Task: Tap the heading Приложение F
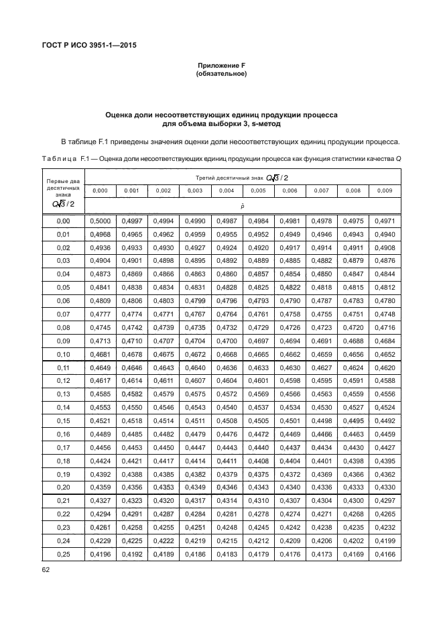pyautogui.click(x=221, y=66)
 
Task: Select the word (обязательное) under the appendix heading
pyautogui.click(x=221, y=74)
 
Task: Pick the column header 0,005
pyautogui.click(x=258, y=191)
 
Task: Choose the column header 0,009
pyautogui.click(x=385, y=191)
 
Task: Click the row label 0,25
pyautogui.click(x=64, y=554)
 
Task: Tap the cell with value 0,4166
pyautogui.click(x=385, y=554)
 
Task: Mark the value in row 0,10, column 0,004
pyautogui.click(x=227, y=354)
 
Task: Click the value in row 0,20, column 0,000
pyautogui.click(x=100, y=486)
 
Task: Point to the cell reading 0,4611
pyautogui.click(x=163, y=381)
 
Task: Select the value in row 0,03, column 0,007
pyautogui.click(x=322, y=260)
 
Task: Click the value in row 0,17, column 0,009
pyautogui.click(x=385, y=447)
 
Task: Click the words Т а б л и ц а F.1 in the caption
pyautogui.click(x=66, y=159)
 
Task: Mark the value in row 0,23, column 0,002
pyautogui.click(x=163, y=527)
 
